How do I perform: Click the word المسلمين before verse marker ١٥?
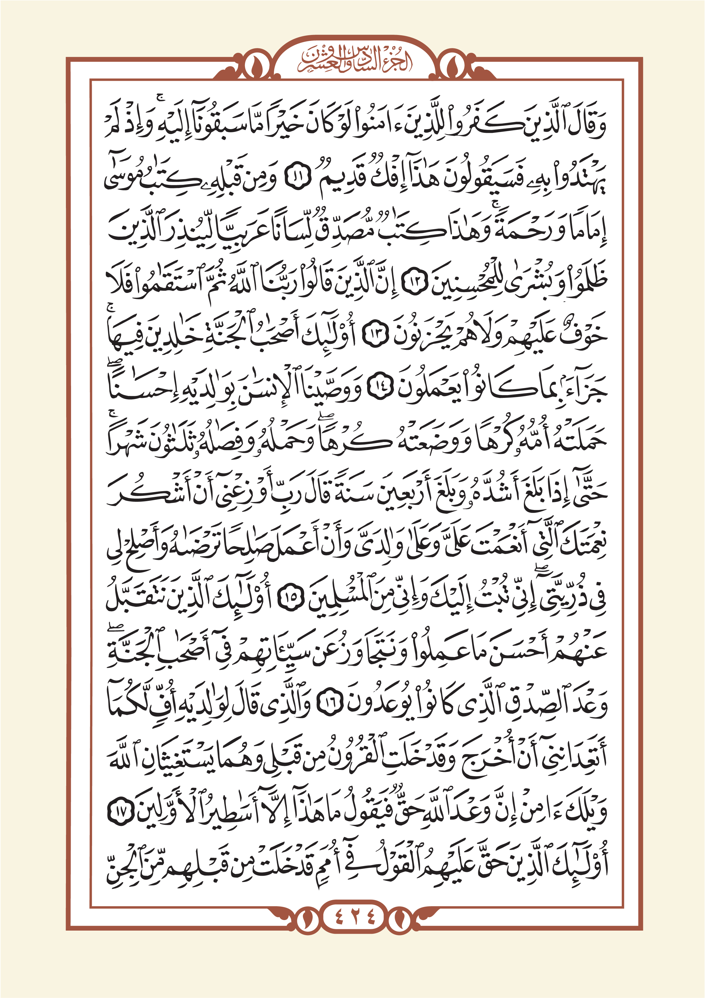337,600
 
